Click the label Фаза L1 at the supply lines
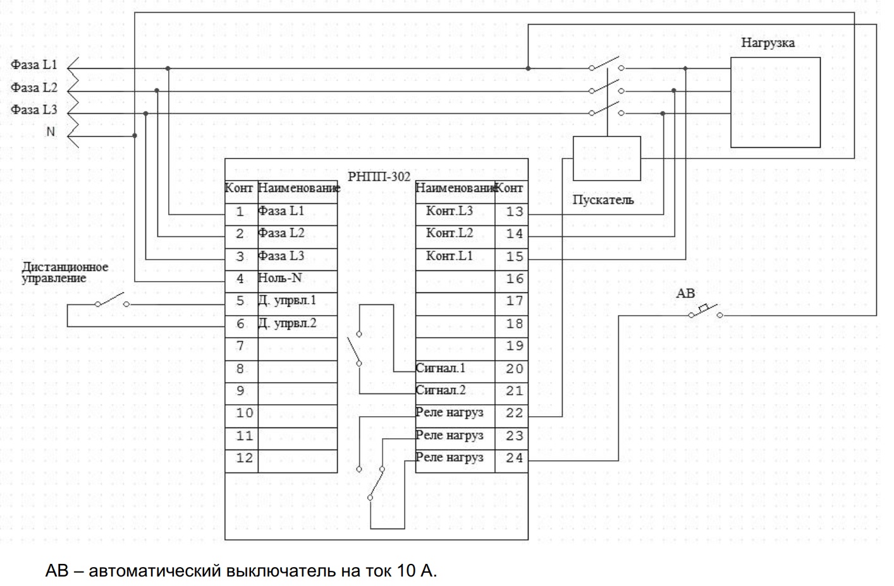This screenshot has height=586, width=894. (34, 65)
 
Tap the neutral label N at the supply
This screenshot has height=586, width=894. (51, 132)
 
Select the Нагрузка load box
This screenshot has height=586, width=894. (775, 102)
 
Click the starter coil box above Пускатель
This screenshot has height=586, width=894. (606, 158)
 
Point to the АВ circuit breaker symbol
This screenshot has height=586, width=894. (704, 311)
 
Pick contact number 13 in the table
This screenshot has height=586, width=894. (515, 212)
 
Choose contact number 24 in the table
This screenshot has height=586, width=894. (515, 458)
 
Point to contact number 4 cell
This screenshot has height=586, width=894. (240, 278)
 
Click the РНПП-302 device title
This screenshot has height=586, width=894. (379, 177)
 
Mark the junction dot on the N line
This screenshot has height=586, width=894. (135, 135)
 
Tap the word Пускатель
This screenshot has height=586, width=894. (603, 200)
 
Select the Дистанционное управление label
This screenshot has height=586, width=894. (64, 272)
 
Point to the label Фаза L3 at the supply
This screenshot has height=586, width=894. (34, 110)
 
